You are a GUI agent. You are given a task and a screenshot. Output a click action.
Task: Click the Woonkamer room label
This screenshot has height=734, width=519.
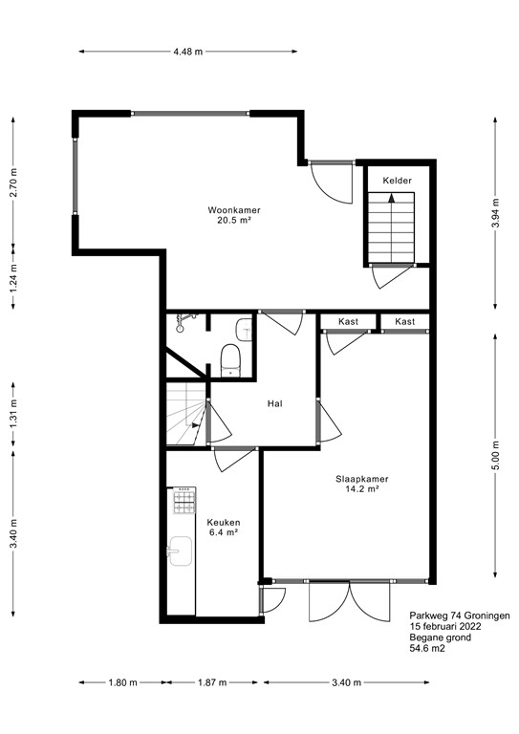[234, 210]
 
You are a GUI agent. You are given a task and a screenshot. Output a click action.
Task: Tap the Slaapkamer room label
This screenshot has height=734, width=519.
[360, 479]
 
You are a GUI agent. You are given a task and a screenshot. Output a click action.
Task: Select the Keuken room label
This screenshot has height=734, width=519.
[223, 522]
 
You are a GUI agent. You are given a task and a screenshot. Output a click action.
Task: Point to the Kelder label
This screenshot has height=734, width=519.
[397, 181]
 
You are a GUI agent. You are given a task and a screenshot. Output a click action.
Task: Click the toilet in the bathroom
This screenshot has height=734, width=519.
[230, 359]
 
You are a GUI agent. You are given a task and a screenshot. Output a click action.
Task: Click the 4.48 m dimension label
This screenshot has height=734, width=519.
[188, 52]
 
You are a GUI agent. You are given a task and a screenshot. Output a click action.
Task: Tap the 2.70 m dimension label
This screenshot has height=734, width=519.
[13, 182]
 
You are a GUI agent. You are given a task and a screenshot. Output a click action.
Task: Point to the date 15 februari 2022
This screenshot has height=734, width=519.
[444, 627]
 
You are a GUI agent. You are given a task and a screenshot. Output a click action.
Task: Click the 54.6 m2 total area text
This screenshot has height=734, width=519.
[427, 649]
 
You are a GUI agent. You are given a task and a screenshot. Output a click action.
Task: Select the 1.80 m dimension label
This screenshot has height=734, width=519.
[120, 682]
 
